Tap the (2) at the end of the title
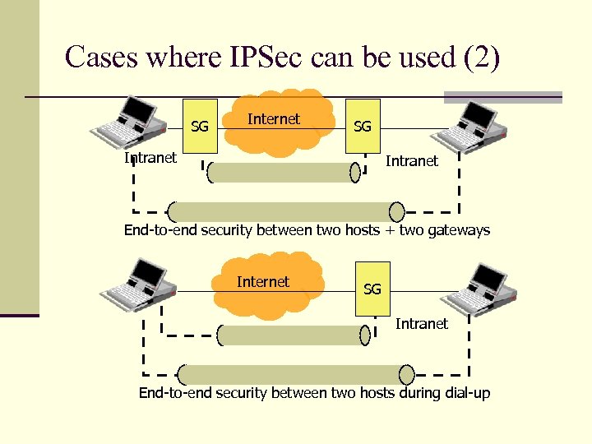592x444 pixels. click(481, 58)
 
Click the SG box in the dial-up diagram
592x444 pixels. click(372, 289)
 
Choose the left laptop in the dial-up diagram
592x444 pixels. click(136, 283)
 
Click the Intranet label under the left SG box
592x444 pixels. click(150, 158)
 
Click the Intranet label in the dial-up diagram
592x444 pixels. click(421, 324)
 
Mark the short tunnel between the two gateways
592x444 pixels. click(284, 172)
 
